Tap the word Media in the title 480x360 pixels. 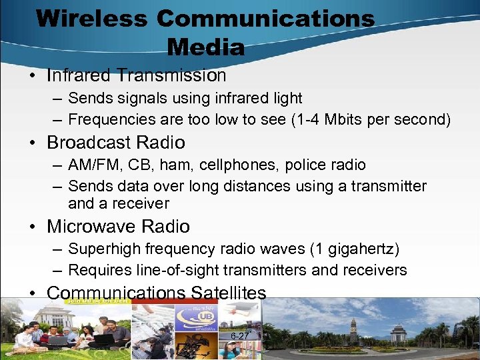pyautogui.click(x=206, y=47)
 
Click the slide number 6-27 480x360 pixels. pyautogui.click(x=239, y=336)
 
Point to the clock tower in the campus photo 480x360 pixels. pyautogui.click(x=353, y=328)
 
